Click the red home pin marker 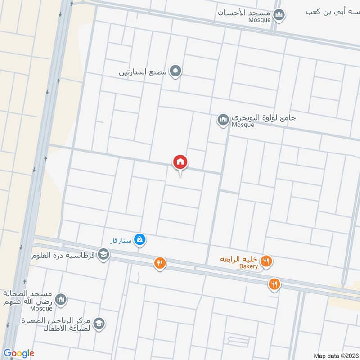(x=180, y=162)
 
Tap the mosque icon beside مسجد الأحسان (x=279, y=16)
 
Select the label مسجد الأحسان (x=245, y=13)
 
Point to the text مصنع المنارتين (x=143, y=72)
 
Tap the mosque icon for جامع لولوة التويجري (x=223, y=120)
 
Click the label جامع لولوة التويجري (x=264, y=118)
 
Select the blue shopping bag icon (x=140, y=240)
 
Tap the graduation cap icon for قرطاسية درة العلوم (x=103, y=255)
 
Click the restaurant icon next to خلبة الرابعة (x=267, y=261)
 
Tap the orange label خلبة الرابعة (x=238, y=259)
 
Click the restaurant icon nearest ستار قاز (x=159, y=263)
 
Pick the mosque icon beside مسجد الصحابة (x=61, y=299)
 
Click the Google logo (x=19, y=353)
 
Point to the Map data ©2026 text (x=335, y=355)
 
